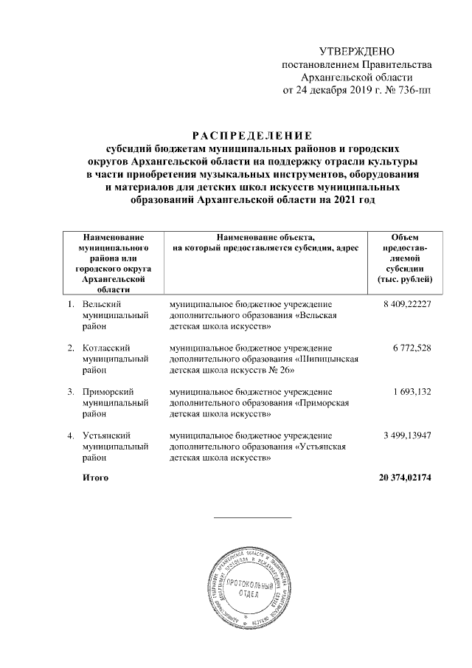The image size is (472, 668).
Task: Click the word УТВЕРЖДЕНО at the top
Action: click(358, 52)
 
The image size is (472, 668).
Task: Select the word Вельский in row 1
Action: click(103, 304)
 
